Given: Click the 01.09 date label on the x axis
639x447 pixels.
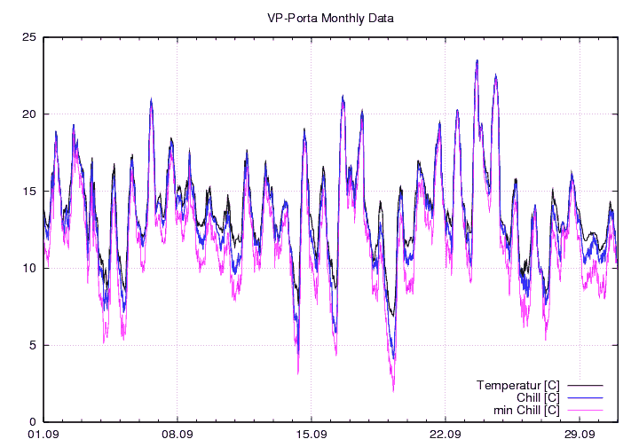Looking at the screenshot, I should [43, 435].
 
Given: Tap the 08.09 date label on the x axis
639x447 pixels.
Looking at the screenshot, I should [177, 435].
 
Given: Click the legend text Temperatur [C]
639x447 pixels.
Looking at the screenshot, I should [517, 385].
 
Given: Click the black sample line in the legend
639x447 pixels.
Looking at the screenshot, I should [586, 386].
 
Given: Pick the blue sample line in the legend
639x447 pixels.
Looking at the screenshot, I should [586, 398].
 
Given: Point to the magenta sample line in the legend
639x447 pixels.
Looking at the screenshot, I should [586, 411].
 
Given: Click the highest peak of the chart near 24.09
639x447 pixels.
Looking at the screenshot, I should [477, 61].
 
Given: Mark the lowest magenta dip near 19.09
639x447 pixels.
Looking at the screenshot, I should [393, 389].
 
